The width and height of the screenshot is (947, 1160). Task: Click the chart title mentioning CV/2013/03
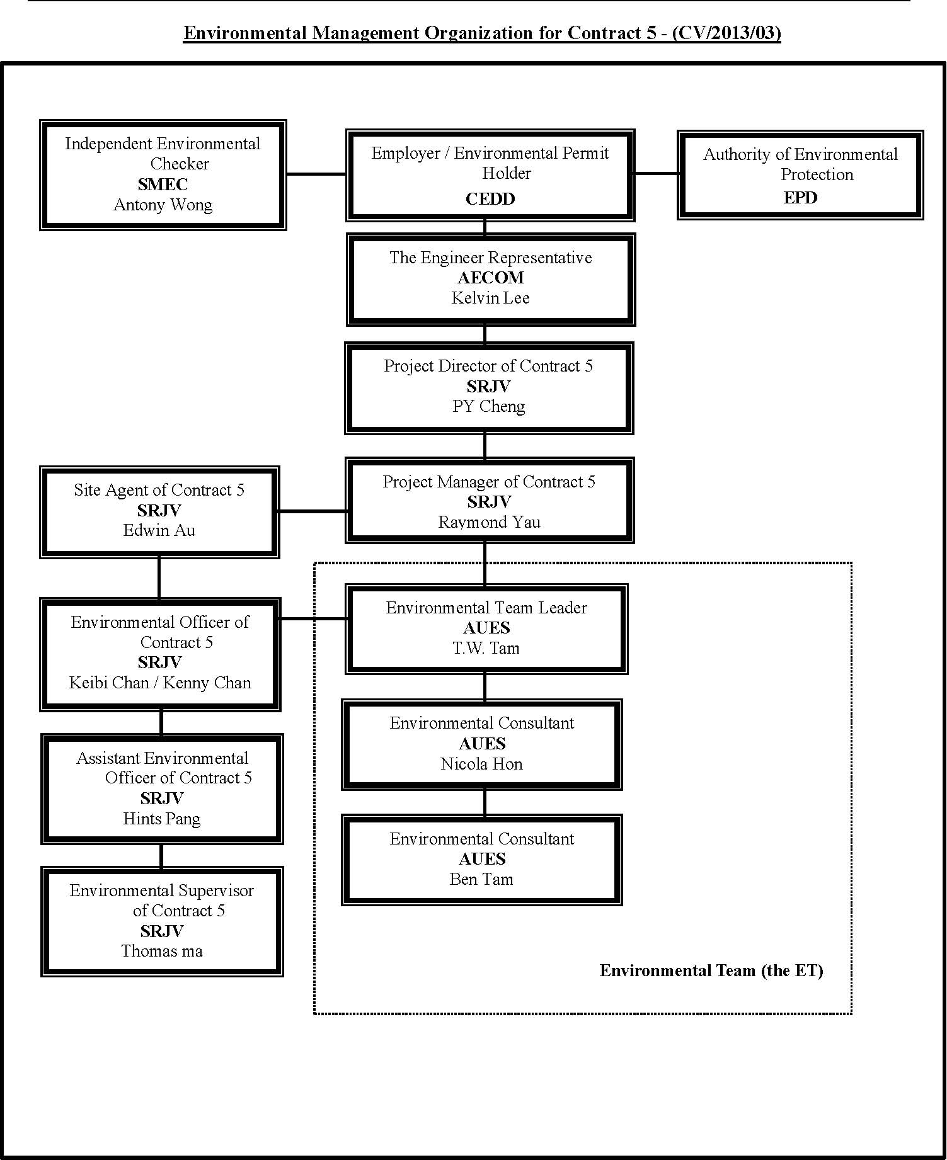[482, 33]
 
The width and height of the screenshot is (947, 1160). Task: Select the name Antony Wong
[163, 205]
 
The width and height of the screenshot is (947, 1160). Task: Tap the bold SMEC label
[163, 185]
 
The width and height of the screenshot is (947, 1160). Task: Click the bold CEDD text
[490, 199]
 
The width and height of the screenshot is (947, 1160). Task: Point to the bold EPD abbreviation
[800, 198]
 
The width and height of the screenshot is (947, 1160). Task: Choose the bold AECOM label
[491, 278]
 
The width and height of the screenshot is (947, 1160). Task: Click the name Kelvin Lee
[490, 298]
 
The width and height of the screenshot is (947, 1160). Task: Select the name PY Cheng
[488, 406]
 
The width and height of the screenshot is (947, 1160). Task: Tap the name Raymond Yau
[489, 522]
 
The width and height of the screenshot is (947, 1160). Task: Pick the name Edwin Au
[159, 530]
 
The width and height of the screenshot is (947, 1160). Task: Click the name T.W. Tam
[486, 648]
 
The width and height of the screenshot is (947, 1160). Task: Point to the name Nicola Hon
[481, 764]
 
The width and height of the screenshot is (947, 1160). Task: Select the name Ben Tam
[481, 879]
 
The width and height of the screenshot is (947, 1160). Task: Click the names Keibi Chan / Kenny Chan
[160, 683]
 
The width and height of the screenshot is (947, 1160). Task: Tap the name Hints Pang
[162, 819]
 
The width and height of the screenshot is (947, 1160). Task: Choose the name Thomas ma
[162, 951]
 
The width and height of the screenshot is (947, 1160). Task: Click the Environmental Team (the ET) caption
[711, 970]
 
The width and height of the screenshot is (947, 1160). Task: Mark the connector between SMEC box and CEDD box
[316, 174]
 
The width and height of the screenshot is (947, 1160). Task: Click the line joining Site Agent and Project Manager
[313, 511]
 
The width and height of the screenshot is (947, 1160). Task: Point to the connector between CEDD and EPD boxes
[656, 173]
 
